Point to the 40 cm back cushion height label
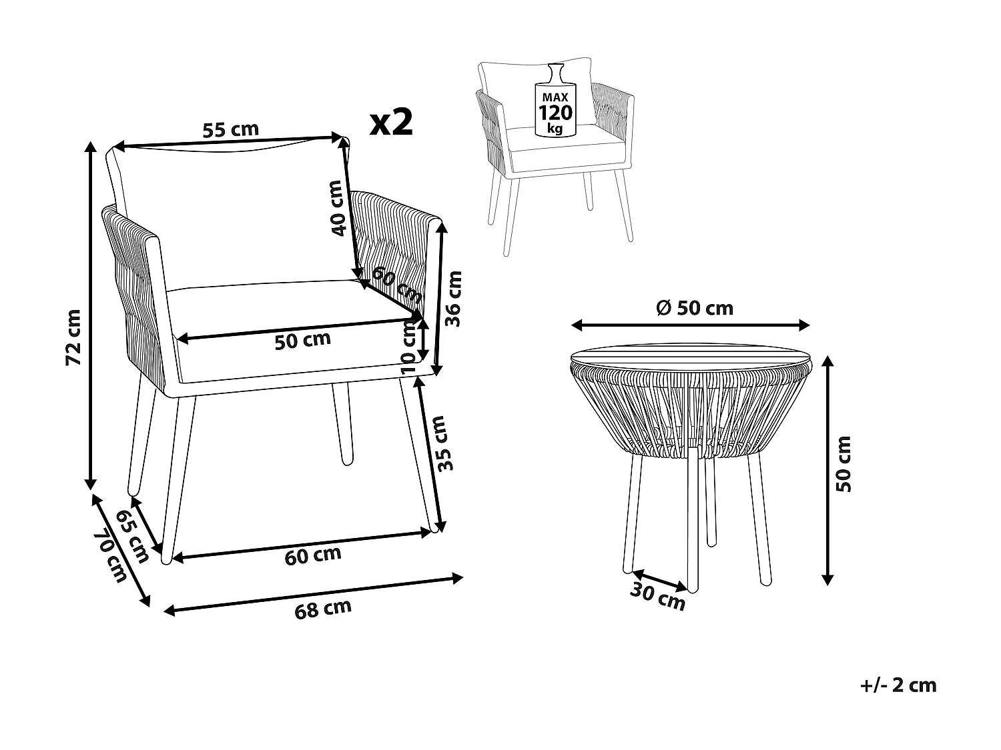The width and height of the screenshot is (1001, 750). coord(338,208)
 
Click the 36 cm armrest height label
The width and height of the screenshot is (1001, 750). coord(453,298)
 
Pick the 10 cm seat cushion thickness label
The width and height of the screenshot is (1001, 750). coord(408,345)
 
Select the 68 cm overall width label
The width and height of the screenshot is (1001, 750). coord(323,608)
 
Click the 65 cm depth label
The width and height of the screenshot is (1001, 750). coord(132,537)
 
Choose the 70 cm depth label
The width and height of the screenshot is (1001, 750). coord(110,555)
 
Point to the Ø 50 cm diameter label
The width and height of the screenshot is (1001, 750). coord(694,307)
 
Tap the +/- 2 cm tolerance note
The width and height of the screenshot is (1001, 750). coord(898,685)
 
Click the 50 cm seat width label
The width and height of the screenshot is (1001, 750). coord(302,340)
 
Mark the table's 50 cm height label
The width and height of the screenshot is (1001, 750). coord(844,463)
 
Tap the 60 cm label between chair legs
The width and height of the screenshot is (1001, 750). coord(312,555)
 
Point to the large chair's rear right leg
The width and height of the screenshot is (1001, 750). coord(344,427)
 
